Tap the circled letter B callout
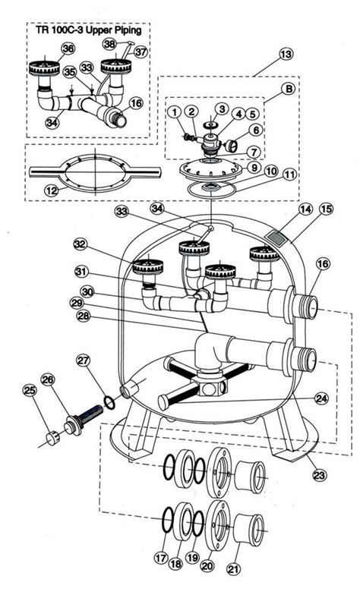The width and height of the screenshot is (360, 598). pyautogui.click(x=289, y=90)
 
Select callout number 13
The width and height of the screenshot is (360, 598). pyautogui.click(x=286, y=54)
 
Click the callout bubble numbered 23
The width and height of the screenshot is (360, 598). pyautogui.click(x=319, y=476)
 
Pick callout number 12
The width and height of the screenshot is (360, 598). pyautogui.click(x=52, y=190)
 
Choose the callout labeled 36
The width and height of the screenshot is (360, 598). pyautogui.click(x=68, y=49)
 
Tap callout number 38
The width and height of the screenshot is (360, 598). pyautogui.click(x=109, y=44)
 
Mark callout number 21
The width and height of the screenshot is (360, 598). pyautogui.click(x=234, y=569)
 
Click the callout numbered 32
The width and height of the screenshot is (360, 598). pyautogui.click(x=81, y=244)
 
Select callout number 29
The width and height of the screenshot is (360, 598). pyautogui.click(x=77, y=304)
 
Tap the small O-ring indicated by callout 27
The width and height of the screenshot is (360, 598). pyautogui.click(x=109, y=403)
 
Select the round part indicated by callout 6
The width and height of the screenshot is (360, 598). pyautogui.click(x=230, y=145)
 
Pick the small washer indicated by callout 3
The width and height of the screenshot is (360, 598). pyautogui.click(x=210, y=126)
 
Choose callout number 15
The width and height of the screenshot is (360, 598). pyautogui.click(x=327, y=209)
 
